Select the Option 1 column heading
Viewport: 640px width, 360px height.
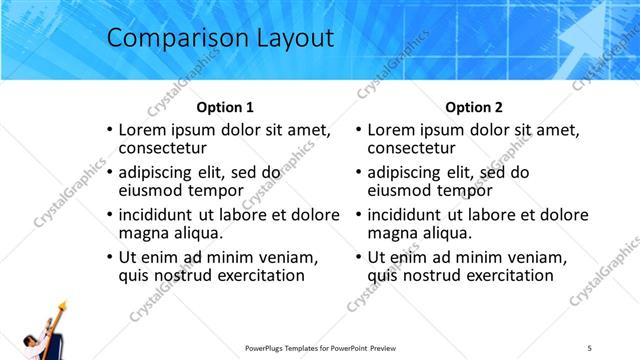(x=225, y=107)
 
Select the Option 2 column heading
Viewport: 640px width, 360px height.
(x=474, y=107)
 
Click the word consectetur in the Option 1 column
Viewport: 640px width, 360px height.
(x=168, y=148)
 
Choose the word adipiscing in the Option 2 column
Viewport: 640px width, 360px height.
(x=405, y=172)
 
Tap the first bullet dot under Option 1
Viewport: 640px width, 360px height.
(x=109, y=130)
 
